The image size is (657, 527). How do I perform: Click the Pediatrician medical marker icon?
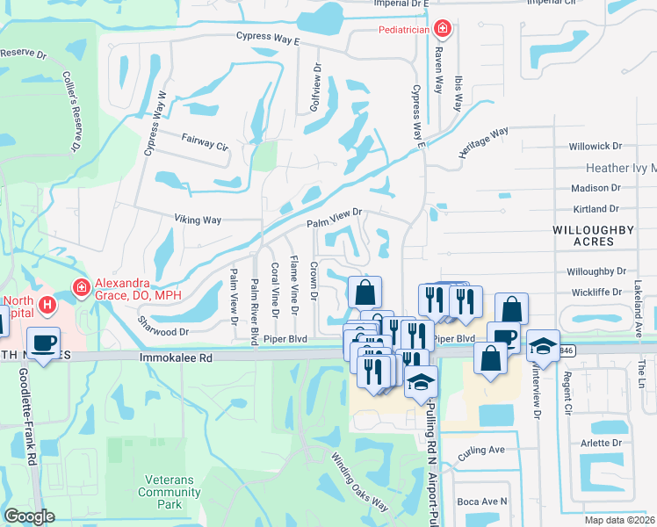point(444,29)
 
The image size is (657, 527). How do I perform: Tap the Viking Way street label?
point(198,220)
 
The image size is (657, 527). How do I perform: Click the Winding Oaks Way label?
point(359,481)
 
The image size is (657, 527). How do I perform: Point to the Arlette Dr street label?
point(601,443)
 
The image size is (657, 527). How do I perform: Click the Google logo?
point(30,516)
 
